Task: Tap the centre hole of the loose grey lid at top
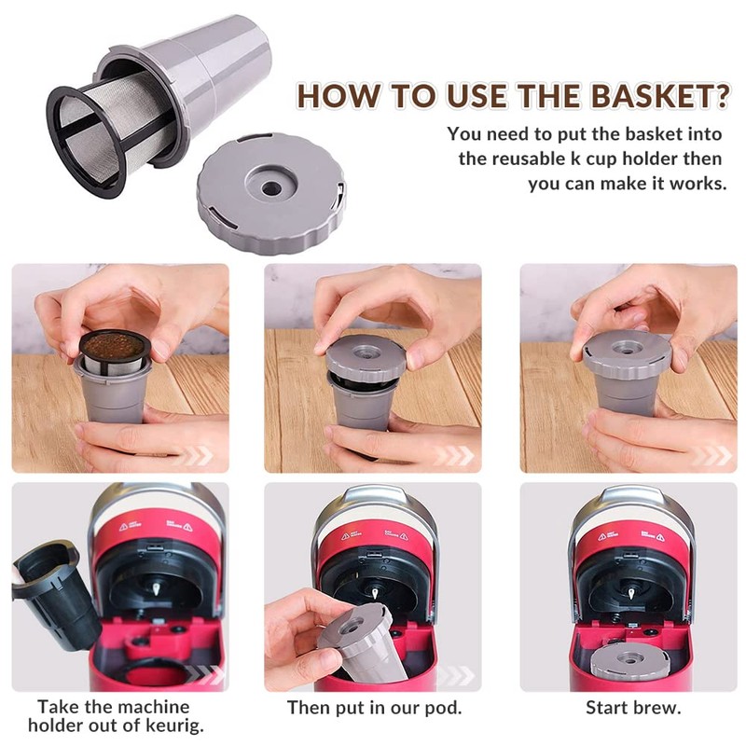[270, 187]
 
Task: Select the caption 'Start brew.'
[633, 707]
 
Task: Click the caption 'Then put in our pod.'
[374, 707]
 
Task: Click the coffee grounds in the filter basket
[113, 347]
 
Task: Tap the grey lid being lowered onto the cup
[366, 357]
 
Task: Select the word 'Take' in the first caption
[61, 707]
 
